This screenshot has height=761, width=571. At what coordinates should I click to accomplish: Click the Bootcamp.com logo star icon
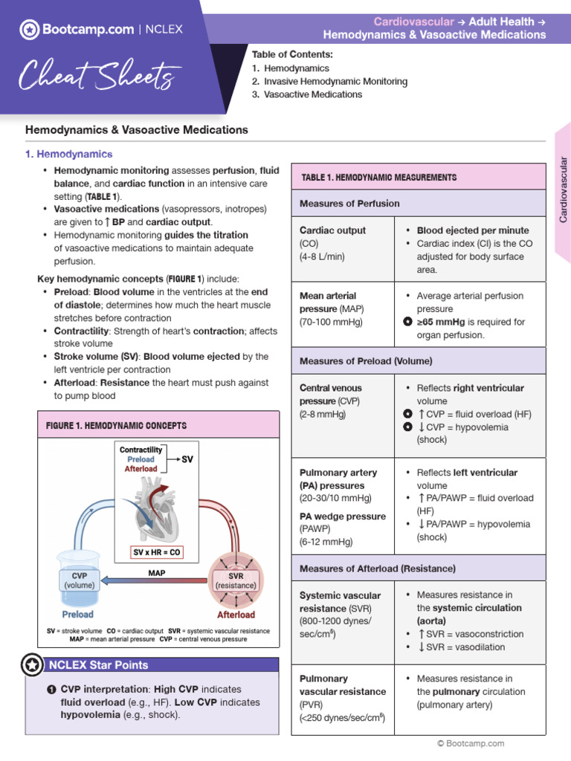click(x=29, y=30)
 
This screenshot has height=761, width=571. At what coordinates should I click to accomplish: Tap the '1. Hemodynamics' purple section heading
click(x=69, y=154)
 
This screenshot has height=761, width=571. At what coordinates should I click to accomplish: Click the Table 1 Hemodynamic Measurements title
click(x=378, y=178)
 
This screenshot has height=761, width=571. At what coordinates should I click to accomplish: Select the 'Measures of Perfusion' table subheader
click(x=349, y=204)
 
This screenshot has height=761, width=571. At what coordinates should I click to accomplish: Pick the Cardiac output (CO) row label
click(x=332, y=230)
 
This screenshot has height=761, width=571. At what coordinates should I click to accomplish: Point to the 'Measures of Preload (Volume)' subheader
click(x=365, y=361)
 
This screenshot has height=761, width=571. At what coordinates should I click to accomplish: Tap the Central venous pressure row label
click(x=330, y=395)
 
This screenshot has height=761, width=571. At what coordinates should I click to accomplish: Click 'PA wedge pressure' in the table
click(x=342, y=516)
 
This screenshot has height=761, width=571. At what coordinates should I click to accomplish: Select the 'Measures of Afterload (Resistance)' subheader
click(x=376, y=569)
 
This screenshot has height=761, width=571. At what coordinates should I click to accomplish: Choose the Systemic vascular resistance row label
click(x=339, y=602)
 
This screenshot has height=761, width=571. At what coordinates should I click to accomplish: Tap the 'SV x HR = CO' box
click(x=157, y=552)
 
